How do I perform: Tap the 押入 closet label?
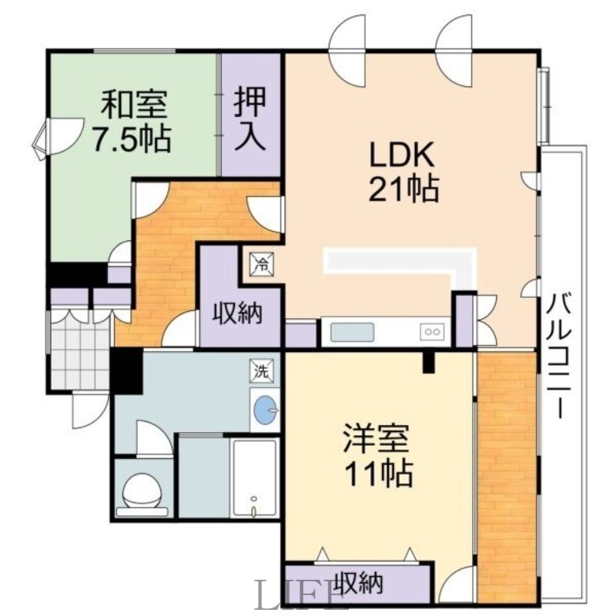[250, 117]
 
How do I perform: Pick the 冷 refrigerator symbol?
[262, 264]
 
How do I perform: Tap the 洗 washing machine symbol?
[262, 370]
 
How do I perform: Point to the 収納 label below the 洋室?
[358, 583]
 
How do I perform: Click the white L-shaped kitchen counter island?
[400, 262]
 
